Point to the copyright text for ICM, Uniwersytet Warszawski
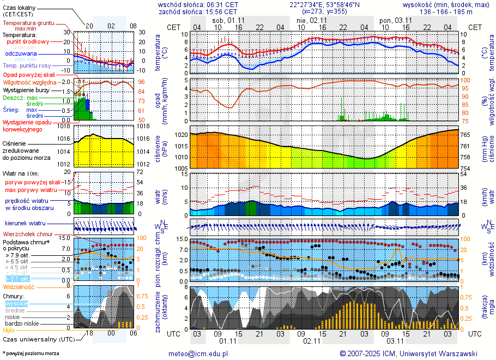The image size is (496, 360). (408, 353)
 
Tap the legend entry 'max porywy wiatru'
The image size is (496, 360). (31, 189)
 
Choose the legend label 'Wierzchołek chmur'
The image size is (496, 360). (28, 233)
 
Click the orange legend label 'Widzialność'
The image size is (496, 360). (19, 286)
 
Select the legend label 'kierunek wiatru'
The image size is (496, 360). (25, 223)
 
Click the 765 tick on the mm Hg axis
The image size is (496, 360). (467, 135)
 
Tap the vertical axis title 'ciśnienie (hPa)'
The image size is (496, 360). (161, 150)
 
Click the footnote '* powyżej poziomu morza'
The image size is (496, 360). (31, 353)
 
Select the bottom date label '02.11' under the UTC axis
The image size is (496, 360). (311, 341)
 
